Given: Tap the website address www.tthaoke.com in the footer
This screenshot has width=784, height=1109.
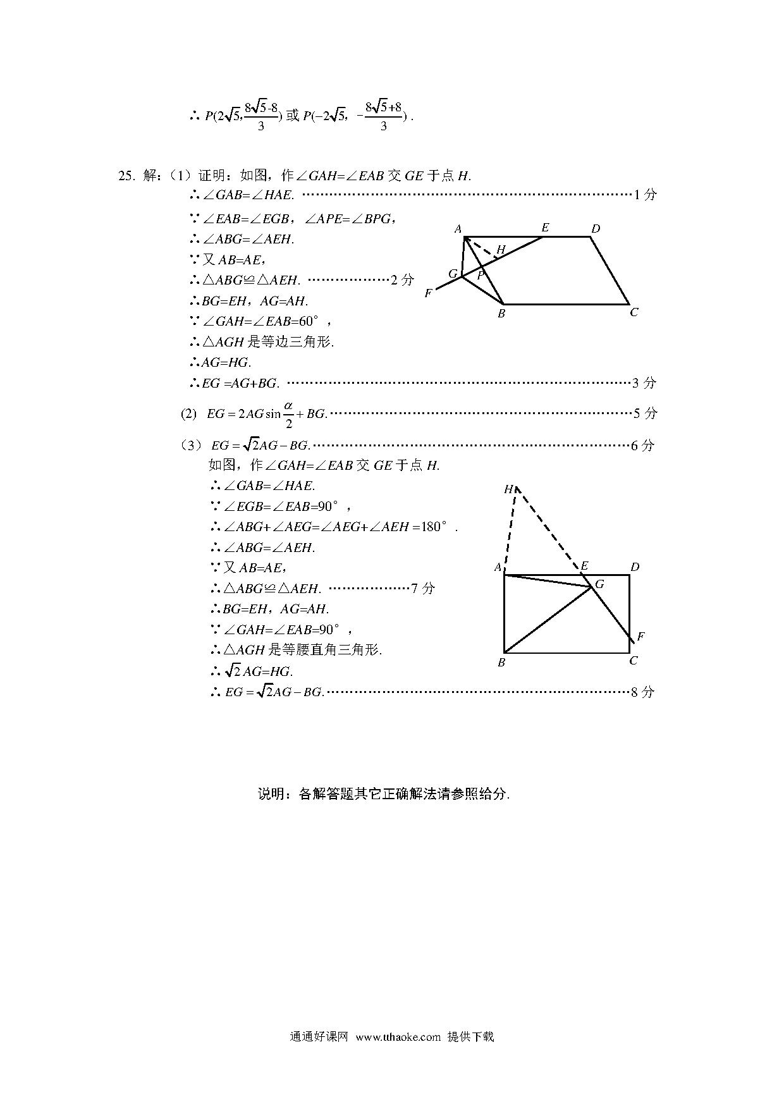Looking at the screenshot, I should pyautogui.click(x=398, y=1037).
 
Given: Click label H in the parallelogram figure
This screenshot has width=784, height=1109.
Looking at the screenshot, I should pyautogui.click(x=501, y=250).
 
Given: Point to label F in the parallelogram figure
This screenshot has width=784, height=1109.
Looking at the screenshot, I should pyautogui.click(x=428, y=293).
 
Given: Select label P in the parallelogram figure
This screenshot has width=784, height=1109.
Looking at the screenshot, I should pyautogui.click(x=481, y=276).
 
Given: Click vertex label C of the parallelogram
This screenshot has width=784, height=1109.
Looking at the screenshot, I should pyautogui.click(x=634, y=312).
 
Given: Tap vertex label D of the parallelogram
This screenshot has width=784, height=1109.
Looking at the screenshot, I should pyautogui.click(x=595, y=229).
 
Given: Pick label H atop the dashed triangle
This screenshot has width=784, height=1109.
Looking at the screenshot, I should pyautogui.click(x=509, y=489).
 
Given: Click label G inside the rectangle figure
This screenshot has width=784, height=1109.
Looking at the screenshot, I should pyautogui.click(x=599, y=584).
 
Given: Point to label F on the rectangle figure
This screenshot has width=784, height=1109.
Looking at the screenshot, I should pyautogui.click(x=640, y=636).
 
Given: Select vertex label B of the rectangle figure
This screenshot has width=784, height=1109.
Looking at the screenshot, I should pyautogui.click(x=501, y=663).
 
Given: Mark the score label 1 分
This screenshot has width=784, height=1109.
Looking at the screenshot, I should pyautogui.click(x=645, y=195).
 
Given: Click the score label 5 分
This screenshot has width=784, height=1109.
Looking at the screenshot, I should pyautogui.click(x=645, y=414).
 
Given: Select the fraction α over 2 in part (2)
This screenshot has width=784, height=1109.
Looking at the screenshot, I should pyautogui.click(x=288, y=414).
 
